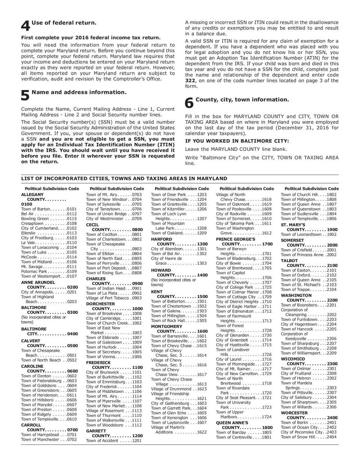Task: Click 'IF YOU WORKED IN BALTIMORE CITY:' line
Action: click(x=237, y=141)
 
